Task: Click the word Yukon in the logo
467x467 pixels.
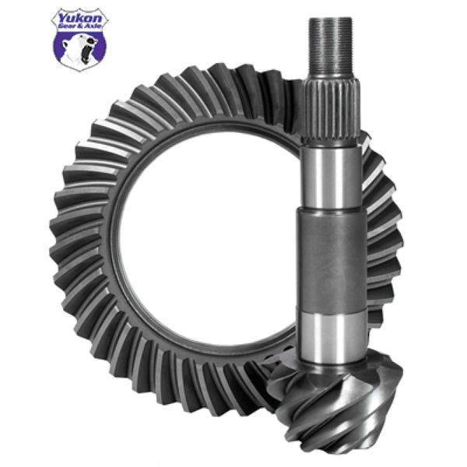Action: coord(80,16)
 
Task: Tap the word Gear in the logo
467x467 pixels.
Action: coord(68,25)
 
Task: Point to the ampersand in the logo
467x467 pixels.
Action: coord(80,25)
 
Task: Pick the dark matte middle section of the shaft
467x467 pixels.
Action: coord(332,265)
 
